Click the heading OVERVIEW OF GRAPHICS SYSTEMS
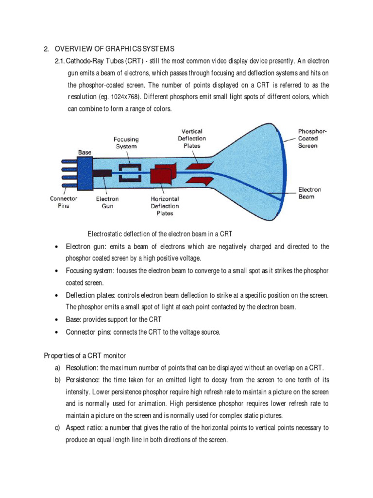pyautogui.click(x=114, y=49)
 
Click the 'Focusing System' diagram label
pyautogui.click(x=126, y=142)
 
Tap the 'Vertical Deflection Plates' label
pyautogui.click(x=192, y=138)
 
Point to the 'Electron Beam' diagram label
pyautogui.click(x=309, y=193)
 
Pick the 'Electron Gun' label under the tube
pyautogui.click(x=107, y=202)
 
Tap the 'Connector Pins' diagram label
pyautogui.click(x=64, y=202)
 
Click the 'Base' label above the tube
pyautogui.click(x=85, y=152)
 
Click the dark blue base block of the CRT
pyautogui.click(x=85, y=174)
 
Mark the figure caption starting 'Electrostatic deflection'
pyautogui.click(x=160, y=234)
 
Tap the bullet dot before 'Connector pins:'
pyautogui.click(x=57, y=332)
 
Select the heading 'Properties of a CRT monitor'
pyautogui.click(x=85, y=356)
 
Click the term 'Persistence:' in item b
pyautogui.click(x=83, y=379)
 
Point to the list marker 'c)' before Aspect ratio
pyautogui.click(x=57, y=428)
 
